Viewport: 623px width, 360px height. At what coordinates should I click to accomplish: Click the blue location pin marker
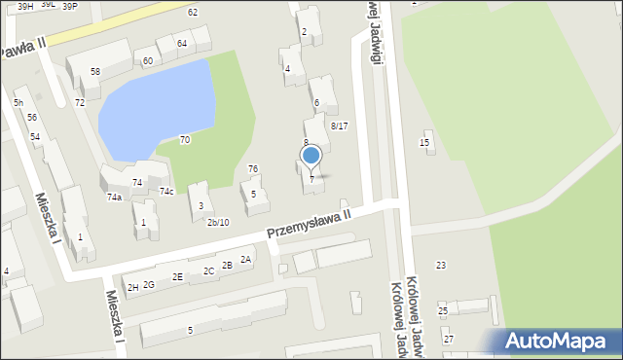click(x=311, y=156)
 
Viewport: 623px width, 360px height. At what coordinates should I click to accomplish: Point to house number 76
click(x=252, y=169)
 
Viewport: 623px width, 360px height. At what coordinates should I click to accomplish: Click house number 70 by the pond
click(x=185, y=140)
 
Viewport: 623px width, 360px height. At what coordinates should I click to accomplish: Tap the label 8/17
click(x=339, y=126)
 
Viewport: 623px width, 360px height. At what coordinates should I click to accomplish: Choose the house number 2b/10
click(x=218, y=222)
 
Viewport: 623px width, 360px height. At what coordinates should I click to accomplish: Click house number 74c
click(x=166, y=191)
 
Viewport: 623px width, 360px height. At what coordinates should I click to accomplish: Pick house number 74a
click(x=114, y=197)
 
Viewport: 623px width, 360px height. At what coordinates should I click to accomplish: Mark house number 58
click(x=94, y=72)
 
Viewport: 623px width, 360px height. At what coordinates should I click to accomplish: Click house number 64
click(x=182, y=44)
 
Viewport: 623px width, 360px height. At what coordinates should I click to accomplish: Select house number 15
click(x=424, y=143)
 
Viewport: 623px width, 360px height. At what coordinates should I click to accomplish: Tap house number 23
click(x=441, y=265)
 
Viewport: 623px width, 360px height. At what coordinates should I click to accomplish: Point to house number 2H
click(x=131, y=287)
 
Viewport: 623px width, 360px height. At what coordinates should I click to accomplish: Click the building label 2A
click(x=246, y=259)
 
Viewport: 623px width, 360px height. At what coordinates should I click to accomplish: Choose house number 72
click(x=80, y=102)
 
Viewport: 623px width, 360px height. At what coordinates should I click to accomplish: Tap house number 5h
click(x=18, y=102)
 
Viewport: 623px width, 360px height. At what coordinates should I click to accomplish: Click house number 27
click(x=448, y=339)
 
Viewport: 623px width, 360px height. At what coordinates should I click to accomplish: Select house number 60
click(x=147, y=61)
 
